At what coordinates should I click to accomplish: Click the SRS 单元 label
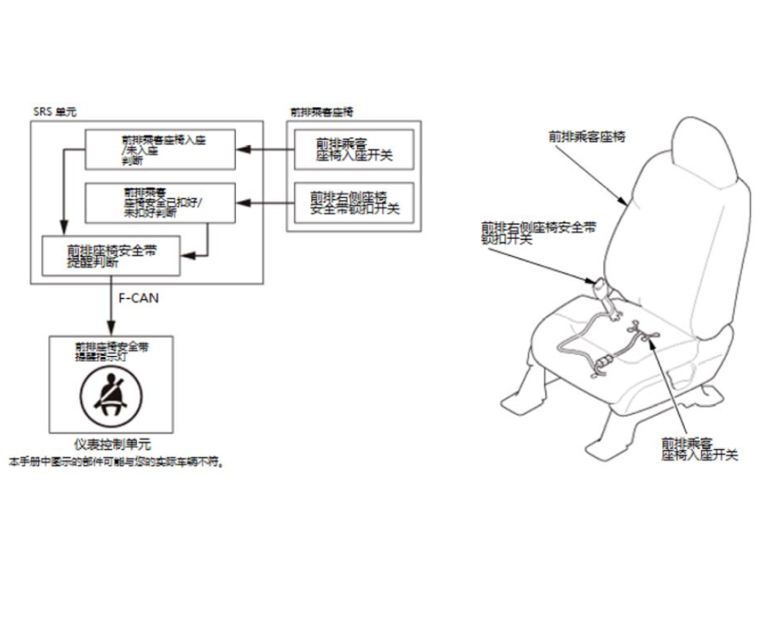(x=54, y=111)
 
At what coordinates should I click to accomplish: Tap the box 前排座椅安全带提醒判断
(x=112, y=256)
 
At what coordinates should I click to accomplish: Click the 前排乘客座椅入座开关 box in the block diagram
(x=354, y=148)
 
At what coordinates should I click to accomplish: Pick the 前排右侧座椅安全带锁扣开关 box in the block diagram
(x=354, y=202)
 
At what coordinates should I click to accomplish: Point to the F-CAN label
(x=140, y=297)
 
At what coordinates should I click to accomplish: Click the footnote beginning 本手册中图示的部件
(x=117, y=462)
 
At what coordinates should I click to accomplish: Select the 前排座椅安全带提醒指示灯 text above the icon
(x=112, y=352)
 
